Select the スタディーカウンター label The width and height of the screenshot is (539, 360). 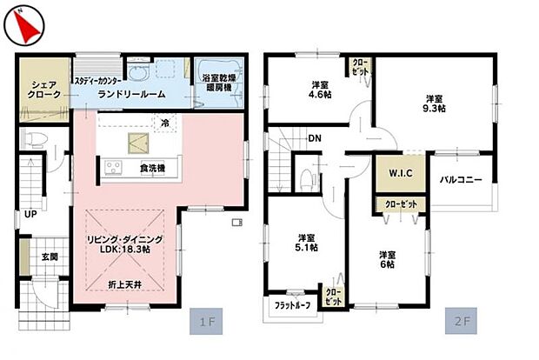tap(97, 80)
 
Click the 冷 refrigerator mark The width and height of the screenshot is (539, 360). tap(164, 124)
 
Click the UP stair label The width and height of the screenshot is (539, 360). tap(30, 213)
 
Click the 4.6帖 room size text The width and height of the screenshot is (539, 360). tap(319, 97)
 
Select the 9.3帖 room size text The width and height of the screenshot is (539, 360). tap(435, 109)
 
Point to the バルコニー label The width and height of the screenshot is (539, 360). tap(461, 180)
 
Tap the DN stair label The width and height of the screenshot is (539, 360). tap(314, 138)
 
